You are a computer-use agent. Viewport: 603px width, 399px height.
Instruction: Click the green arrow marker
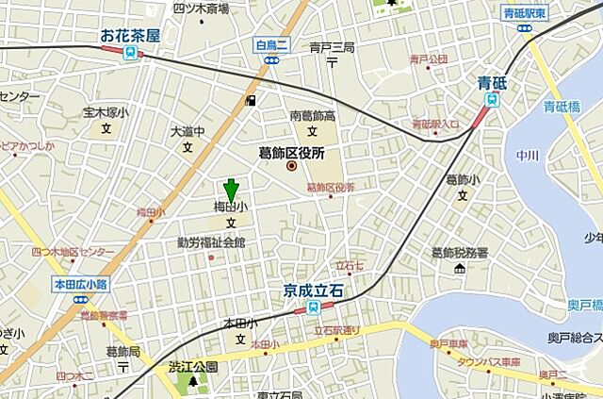coord(230,189)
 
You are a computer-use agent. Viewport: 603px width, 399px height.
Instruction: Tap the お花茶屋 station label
coord(130,36)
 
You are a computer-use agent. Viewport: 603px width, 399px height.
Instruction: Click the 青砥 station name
coord(491,82)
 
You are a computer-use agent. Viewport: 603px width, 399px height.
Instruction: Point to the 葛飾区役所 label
coord(291,151)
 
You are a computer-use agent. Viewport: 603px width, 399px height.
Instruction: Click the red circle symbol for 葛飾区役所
coord(291,167)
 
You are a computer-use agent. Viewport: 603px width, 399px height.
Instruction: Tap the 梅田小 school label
coord(230,206)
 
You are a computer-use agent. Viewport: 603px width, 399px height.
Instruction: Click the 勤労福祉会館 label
coord(211,242)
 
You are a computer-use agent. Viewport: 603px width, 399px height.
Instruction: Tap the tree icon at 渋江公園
coord(193,382)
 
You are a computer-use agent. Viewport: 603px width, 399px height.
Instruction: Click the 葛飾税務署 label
coord(460,253)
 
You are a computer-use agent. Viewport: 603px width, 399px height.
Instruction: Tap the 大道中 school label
coord(187,131)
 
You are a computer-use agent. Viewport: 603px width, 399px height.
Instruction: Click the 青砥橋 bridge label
coord(562,107)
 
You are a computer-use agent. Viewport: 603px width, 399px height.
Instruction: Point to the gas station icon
coord(250,101)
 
